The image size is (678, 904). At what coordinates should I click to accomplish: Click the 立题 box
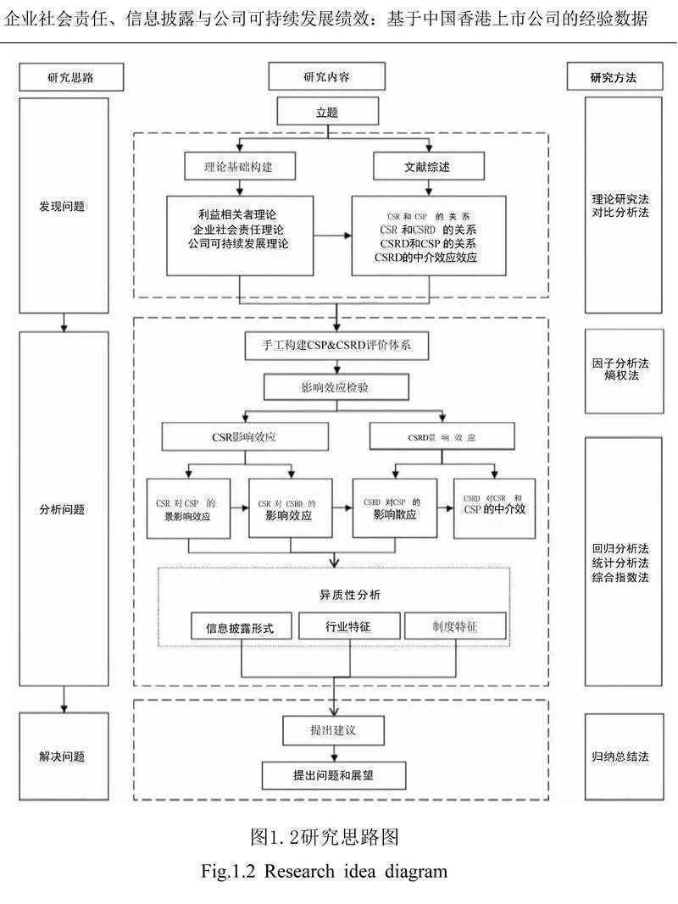(x=337, y=112)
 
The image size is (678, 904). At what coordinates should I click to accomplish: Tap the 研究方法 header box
(x=613, y=78)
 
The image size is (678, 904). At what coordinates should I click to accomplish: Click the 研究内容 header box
(x=326, y=77)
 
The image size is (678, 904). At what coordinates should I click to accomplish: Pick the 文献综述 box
(x=428, y=167)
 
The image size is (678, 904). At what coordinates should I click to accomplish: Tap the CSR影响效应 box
(x=244, y=437)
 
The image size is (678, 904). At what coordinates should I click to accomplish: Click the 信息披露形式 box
(x=242, y=628)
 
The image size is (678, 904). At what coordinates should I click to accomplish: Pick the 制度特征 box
(x=454, y=628)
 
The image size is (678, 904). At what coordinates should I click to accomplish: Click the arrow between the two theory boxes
(x=332, y=236)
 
